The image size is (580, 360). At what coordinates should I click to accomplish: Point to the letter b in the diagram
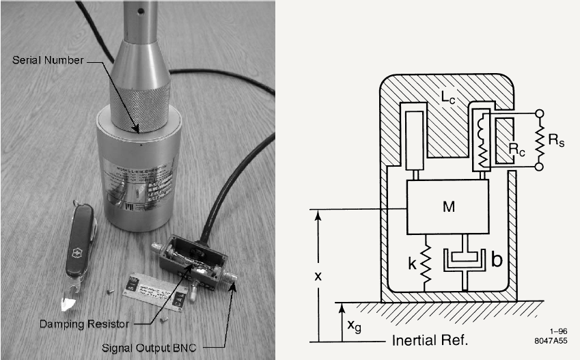tap(497, 260)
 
